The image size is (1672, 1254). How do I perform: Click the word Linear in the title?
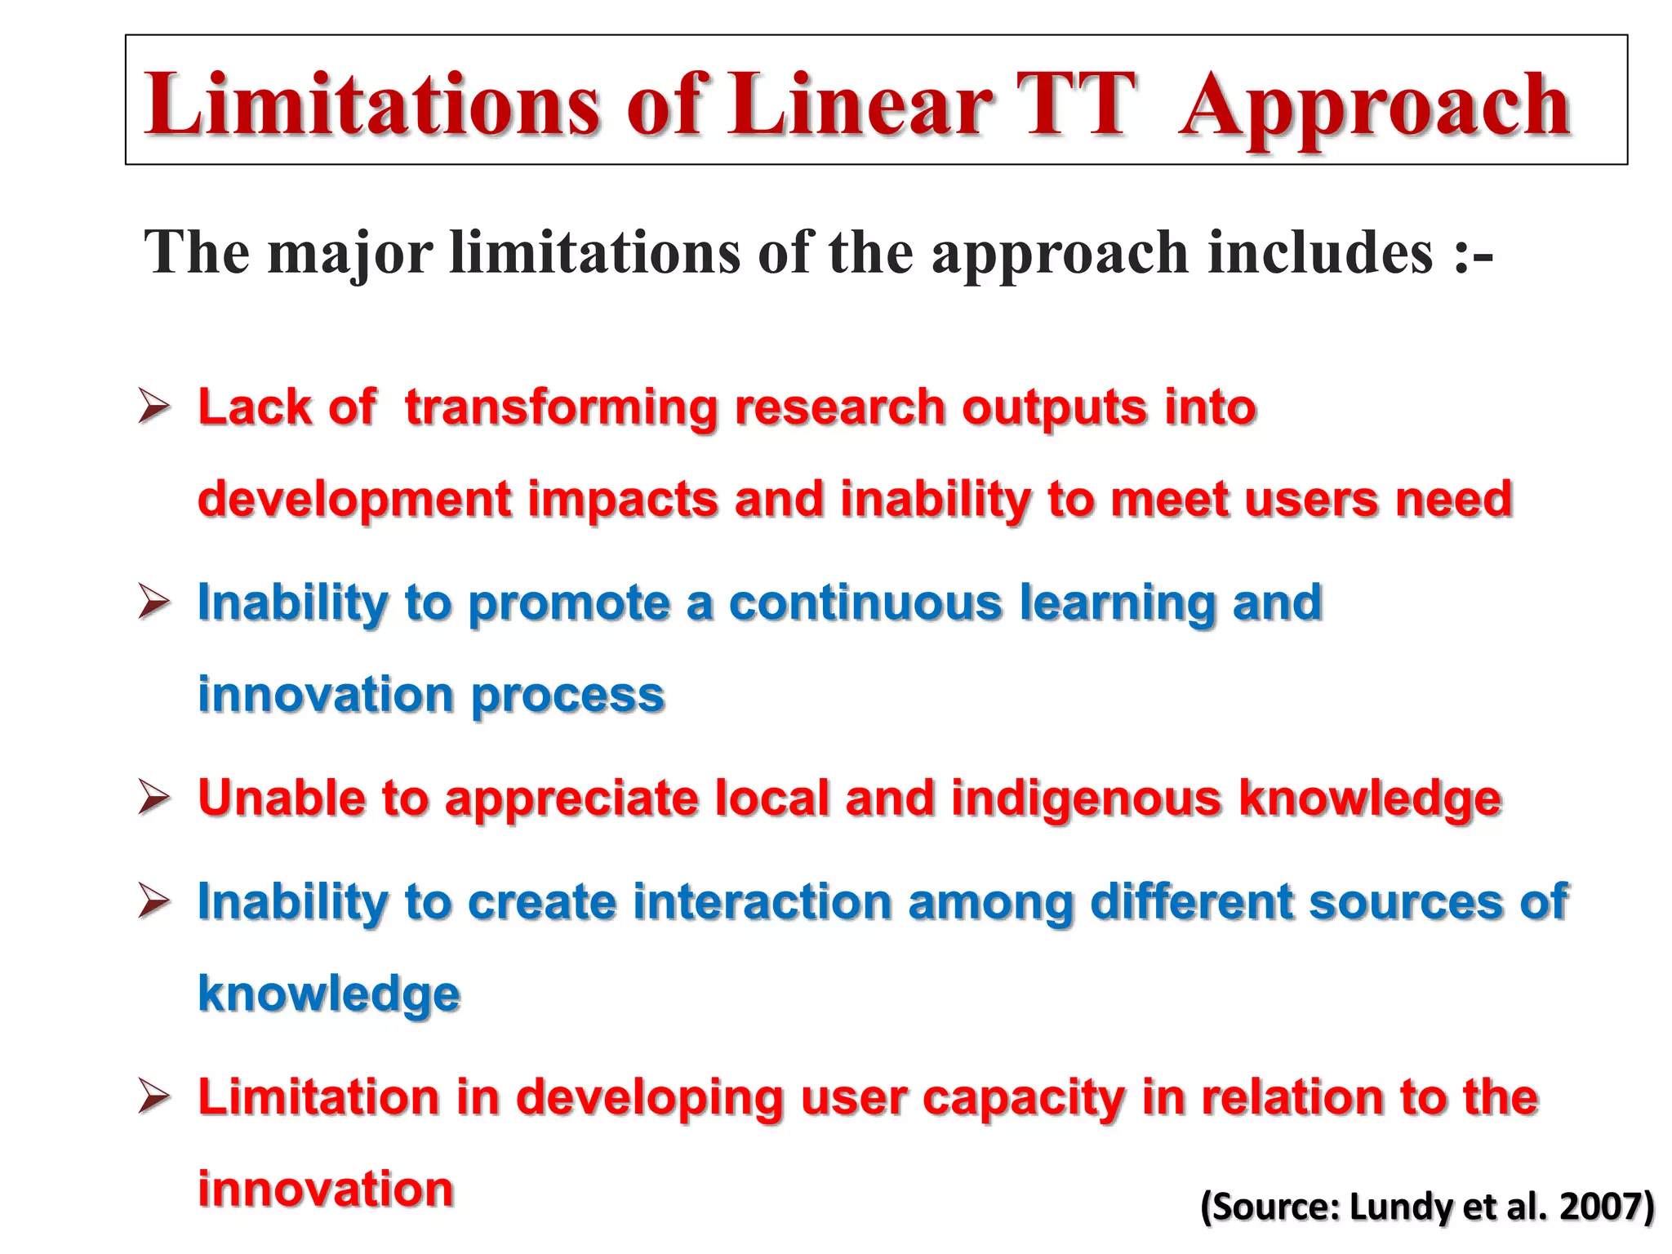860,104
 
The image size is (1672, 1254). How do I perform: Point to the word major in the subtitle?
350,253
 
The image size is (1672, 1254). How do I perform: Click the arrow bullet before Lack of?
153,406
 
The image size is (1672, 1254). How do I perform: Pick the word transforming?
561,407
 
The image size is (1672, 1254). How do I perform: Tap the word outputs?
1054,407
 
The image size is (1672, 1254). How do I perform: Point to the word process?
568,696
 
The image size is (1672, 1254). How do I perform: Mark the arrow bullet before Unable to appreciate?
153,797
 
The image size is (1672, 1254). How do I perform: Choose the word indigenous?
1086,798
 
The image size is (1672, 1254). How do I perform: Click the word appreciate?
571,798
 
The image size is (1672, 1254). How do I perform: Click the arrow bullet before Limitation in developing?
153,1096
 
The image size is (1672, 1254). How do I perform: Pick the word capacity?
1024,1098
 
